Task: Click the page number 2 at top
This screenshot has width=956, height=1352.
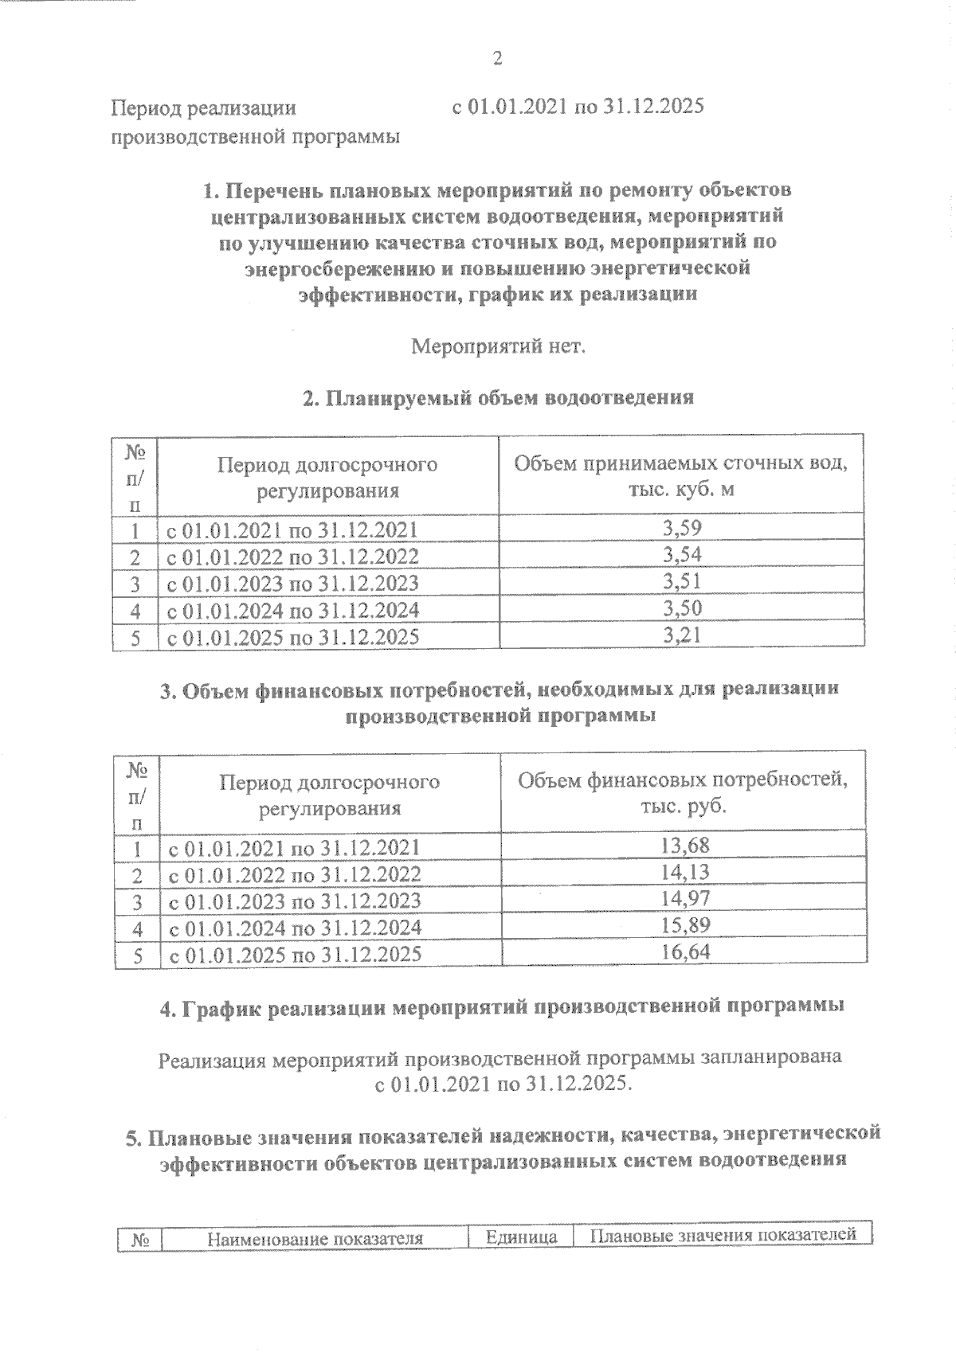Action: (x=499, y=58)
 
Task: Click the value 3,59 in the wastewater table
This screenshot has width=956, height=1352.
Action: (x=682, y=527)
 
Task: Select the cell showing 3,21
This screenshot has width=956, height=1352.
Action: (x=682, y=635)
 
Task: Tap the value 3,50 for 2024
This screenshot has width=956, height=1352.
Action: (x=682, y=608)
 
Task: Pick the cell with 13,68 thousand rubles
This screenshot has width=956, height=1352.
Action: (x=685, y=845)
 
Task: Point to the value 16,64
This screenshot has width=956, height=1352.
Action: (x=685, y=952)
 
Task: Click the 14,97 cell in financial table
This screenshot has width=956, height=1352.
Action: (x=685, y=899)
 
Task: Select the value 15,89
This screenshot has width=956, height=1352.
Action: (x=685, y=926)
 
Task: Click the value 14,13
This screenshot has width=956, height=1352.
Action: (x=685, y=873)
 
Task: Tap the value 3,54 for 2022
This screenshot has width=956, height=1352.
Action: (x=682, y=554)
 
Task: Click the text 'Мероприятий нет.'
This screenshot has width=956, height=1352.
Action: (x=498, y=347)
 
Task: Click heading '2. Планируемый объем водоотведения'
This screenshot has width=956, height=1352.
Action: (x=498, y=397)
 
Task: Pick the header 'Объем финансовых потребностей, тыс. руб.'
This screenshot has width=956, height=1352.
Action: (x=684, y=791)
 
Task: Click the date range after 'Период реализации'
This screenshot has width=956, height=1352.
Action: (x=578, y=107)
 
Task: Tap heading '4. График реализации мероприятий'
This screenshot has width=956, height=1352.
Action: (x=502, y=1007)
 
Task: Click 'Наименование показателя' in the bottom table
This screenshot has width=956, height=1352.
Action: (x=314, y=1238)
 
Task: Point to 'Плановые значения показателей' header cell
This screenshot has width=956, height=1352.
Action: (x=723, y=1236)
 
